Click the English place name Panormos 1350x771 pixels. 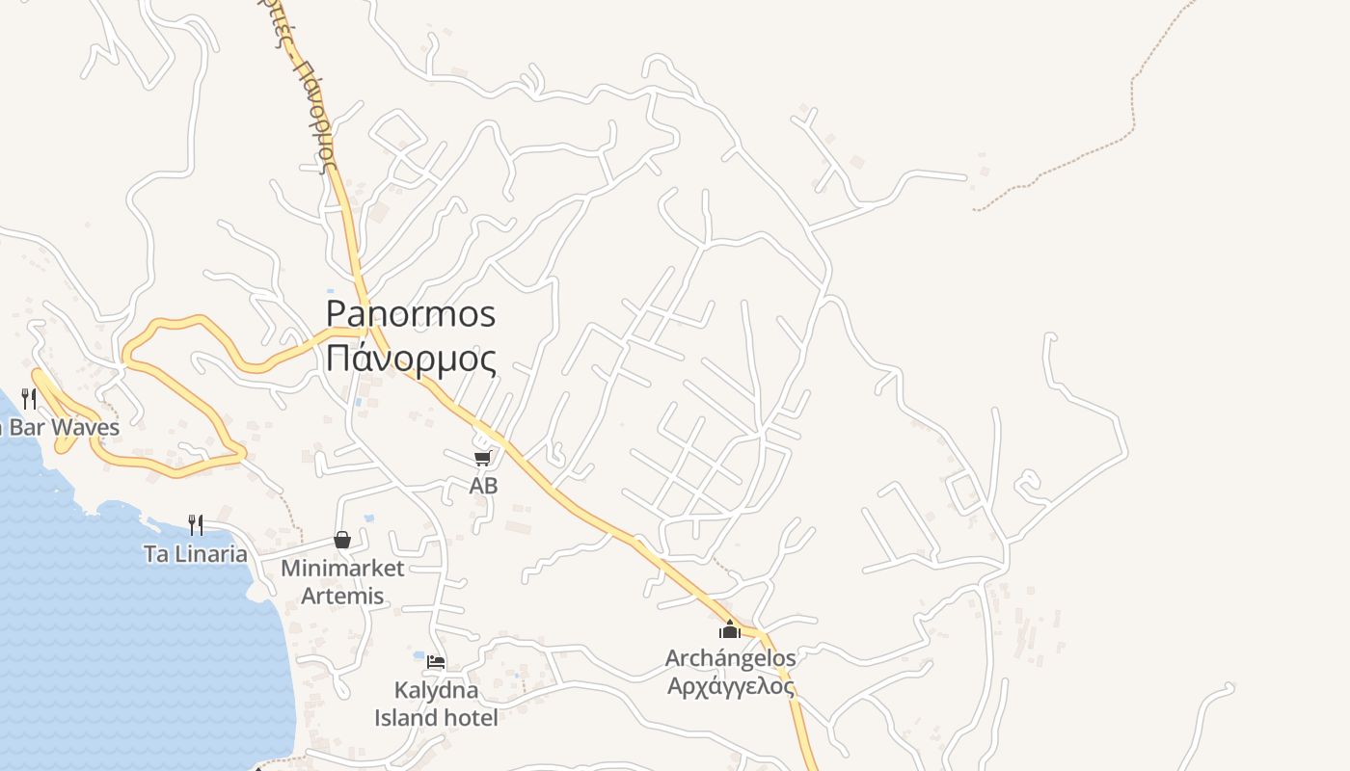click(411, 314)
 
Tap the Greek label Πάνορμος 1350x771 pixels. click(411, 359)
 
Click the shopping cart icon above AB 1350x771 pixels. click(483, 458)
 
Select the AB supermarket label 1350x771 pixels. click(483, 486)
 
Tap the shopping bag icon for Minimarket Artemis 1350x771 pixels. click(342, 540)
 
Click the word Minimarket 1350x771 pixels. click(342, 568)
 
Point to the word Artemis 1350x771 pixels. click(342, 596)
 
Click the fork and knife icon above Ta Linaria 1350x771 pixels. click(196, 524)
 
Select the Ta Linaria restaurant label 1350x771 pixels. click(196, 554)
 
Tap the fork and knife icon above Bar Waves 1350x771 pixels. click(29, 398)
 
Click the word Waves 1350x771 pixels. click(86, 427)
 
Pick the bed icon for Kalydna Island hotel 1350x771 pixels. click(436, 662)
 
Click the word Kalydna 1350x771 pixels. click(436, 690)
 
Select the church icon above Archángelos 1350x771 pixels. click(730, 630)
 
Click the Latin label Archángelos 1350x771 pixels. click(731, 658)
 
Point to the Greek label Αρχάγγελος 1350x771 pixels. click(731, 686)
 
